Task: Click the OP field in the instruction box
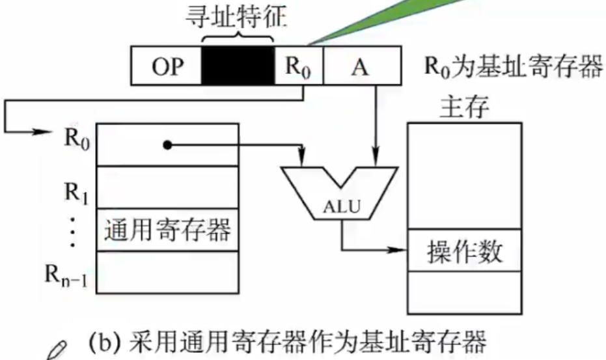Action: pos(167,66)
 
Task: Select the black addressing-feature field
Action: pos(238,65)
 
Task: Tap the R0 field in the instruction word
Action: pos(298,66)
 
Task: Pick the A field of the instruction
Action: pos(362,66)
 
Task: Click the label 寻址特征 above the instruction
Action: pos(236,17)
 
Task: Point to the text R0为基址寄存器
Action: pos(514,66)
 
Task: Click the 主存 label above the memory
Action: pos(464,106)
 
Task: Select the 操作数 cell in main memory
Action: pos(465,251)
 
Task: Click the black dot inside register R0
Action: pos(167,145)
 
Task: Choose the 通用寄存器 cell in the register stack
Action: pos(167,230)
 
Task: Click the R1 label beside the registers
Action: pos(77,192)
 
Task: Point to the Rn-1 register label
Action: pos(66,276)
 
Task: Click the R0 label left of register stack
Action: pos(77,139)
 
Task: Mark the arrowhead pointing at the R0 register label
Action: pos(42,132)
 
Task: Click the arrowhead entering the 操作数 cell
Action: pos(398,250)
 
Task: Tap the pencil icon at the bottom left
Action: pos(57,350)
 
